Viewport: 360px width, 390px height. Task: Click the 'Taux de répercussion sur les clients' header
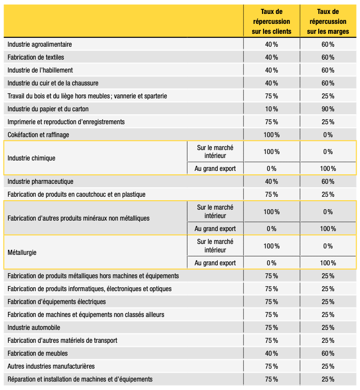coord(271,22)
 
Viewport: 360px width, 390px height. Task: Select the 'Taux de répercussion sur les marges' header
coord(328,22)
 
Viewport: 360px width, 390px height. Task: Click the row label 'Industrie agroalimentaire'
coord(40,44)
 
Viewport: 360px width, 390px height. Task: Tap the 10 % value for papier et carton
coord(271,109)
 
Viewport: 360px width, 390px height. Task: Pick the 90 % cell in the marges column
coord(328,109)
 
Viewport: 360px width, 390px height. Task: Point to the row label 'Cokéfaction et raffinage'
coord(38,135)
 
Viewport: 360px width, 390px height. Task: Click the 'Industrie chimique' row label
coord(31,158)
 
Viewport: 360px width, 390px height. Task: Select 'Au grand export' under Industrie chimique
coord(215,168)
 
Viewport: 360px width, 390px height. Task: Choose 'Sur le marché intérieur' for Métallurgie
coord(215,246)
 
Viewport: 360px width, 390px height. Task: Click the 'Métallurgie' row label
coord(22,253)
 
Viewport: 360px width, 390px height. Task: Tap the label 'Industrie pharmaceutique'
coord(40,181)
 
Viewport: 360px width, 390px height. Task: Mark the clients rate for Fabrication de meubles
coord(271,353)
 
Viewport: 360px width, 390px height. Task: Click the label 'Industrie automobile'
coord(34,327)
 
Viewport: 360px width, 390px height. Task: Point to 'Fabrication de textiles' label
coord(36,57)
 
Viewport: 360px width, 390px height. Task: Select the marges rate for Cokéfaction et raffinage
coord(328,135)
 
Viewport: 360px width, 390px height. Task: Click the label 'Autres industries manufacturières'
coord(51,366)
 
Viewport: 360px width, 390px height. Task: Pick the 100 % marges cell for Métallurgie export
coord(328,263)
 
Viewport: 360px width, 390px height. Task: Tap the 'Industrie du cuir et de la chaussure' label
coord(53,83)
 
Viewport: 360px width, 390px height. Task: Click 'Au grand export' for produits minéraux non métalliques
coord(215,229)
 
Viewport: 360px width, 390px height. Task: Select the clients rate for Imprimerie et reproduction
coord(271,122)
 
